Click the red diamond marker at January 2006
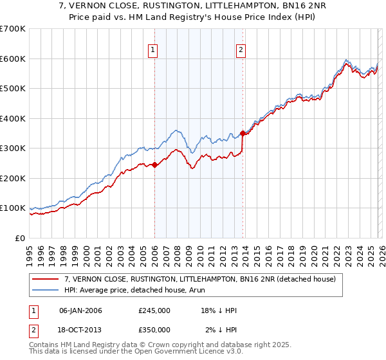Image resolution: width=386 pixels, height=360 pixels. point(154,165)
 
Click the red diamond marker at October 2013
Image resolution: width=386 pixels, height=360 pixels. point(243,134)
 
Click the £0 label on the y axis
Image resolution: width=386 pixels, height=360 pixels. point(19,238)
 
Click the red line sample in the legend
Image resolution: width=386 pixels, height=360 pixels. point(46,280)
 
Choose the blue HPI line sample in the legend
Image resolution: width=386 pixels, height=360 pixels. point(46,291)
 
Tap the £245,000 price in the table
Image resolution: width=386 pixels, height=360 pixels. point(154,310)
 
